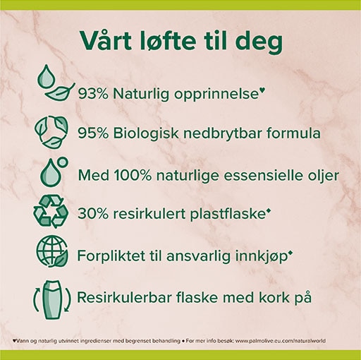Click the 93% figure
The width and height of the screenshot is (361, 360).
[93, 94]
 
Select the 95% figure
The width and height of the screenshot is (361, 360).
[93, 133]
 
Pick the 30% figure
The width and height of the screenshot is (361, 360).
[93, 214]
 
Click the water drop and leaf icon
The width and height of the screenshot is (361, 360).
[56, 83]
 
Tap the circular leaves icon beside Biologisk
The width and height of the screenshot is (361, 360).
[51, 132]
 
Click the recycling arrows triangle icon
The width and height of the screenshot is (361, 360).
[51, 212]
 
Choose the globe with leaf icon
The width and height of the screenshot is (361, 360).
[52, 251]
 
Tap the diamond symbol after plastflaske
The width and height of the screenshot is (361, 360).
[267, 210]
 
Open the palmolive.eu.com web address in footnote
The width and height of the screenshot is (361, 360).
[280, 341]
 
